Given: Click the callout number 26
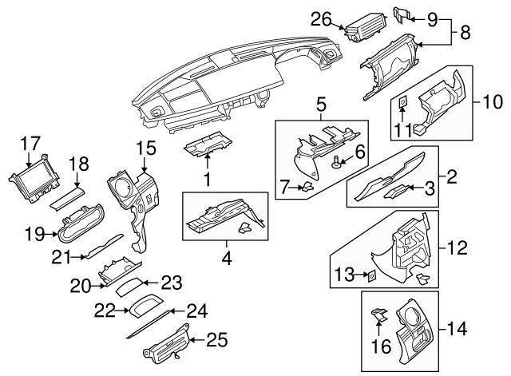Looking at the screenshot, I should (320, 18).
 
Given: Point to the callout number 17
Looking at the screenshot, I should (30, 144).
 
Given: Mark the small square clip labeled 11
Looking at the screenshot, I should (405, 101).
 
